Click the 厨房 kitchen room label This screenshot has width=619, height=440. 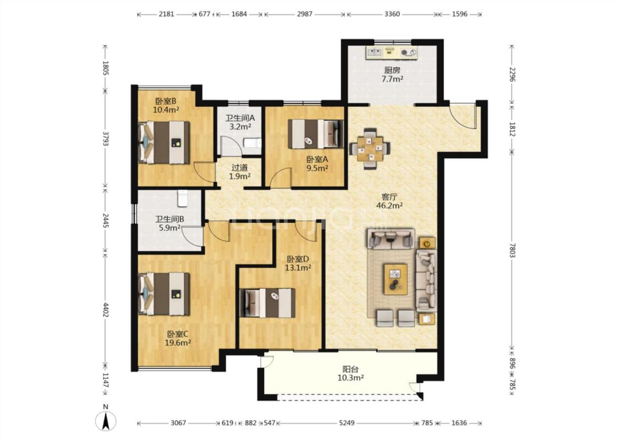pos(392,70)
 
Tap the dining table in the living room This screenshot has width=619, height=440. pos(370,148)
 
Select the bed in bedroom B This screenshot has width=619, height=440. pos(164,142)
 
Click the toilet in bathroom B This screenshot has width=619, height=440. pos(182,199)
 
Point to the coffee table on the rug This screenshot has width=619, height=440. pos(396,279)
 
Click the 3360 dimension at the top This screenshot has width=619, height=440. pos(392,14)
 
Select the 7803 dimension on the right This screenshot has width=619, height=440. pos(512,250)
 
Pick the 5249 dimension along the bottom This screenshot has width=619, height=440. pos(347,423)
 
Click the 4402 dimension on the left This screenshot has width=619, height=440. pos(106,310)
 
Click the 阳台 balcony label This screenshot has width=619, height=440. pos(350,370)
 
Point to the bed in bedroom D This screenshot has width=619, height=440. pos(267,303)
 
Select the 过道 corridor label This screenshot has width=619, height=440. pos(240,168)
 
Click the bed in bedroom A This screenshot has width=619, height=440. pos(315,134)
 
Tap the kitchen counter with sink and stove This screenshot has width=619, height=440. pos(392,52)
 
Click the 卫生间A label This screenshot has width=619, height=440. pos(240,118)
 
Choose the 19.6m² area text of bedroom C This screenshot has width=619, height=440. pos(178,343)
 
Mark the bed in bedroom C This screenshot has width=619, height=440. pos(164,294)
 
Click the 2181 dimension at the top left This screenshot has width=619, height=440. pos(166,14)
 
